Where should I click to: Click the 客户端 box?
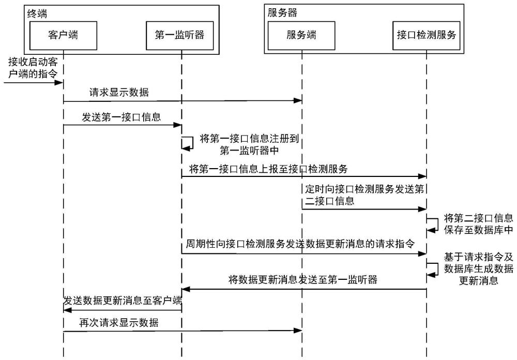tap(63, 35)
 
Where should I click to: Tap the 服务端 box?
tap(301, 35)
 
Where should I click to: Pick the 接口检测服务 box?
tap(426, 35)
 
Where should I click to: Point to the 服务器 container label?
tap(282, 11)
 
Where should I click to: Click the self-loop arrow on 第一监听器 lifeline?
tap(187, 143)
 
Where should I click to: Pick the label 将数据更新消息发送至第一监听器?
tap(302, 280)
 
